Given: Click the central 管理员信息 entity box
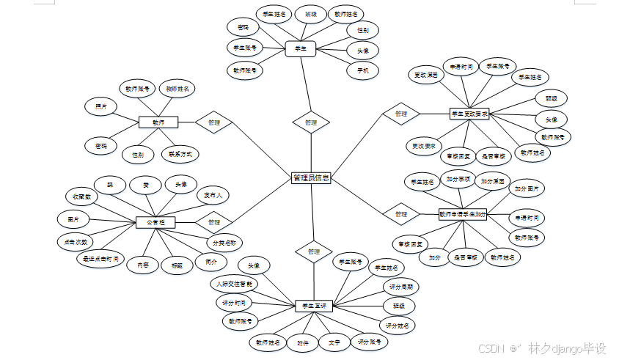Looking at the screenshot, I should pyautogui.click(x=311, y=177).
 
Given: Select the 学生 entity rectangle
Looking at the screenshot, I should pyautogui.click(x=300, y=49).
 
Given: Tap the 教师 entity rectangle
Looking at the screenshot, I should pyautogui.click(x=158, y=122).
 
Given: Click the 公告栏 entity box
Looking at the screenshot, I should pyautogui.click(x=155, y=221).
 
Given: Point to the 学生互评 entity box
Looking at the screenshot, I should pyautogui.click(x=314, y=305).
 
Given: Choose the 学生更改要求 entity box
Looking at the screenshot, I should pyautogui.click(x=469, y=114).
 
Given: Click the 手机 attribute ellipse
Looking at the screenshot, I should pyautogui.click(x=362, y=70).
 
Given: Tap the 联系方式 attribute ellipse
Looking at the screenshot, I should pyautogui.click(x=180, y=155).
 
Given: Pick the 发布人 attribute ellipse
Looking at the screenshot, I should pyautogui.click(x=218, y=196).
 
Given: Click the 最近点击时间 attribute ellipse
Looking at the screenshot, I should pyautogui.click(x=100, y=259).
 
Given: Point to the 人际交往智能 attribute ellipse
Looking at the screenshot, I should pyautogui.click(x=234, y=283).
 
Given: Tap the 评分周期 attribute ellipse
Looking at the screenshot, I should pyautogui.click(x=400, y=287).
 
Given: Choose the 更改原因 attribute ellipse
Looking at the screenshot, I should pyautogui.click(x=425, y=75).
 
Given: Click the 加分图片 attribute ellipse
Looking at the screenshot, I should pyautogui.click(x=528, y=189).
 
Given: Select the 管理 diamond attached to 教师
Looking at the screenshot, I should pyautogui.click(x=213, y=122).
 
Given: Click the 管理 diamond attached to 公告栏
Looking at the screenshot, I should pyautogui.click(x=213, y=221).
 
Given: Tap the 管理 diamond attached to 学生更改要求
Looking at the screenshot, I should pyautogui.click(x=400, y=114).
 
